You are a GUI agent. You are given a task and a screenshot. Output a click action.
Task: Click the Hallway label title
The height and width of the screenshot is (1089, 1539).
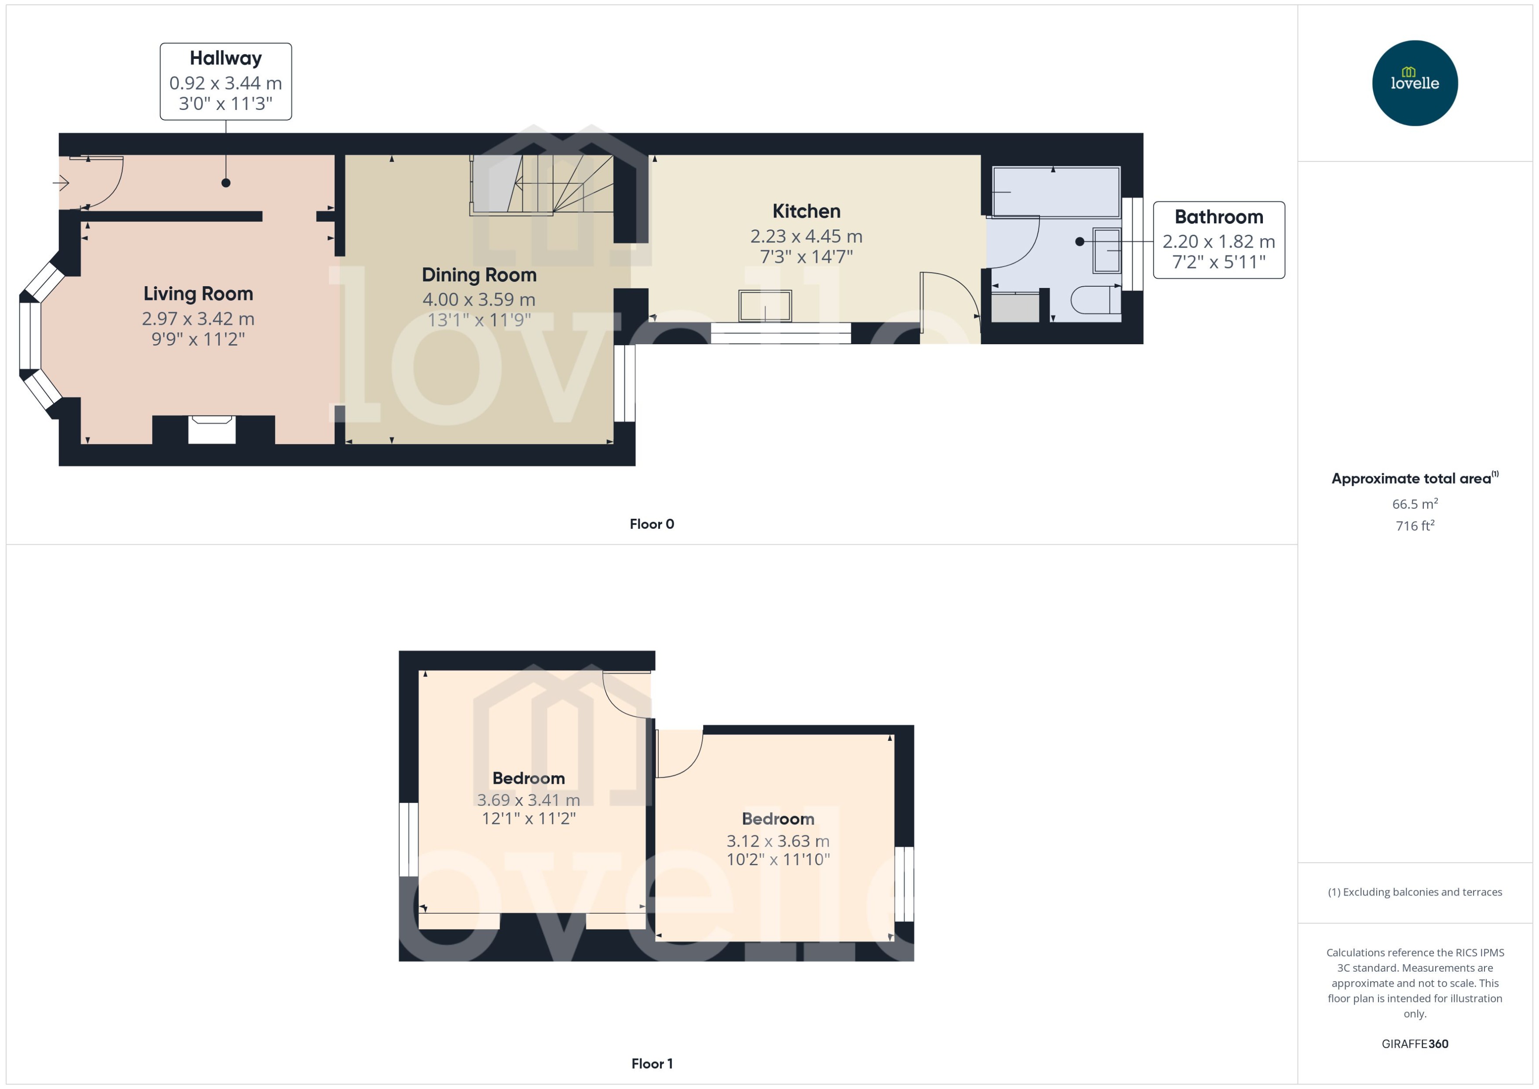click(x=225, y=58)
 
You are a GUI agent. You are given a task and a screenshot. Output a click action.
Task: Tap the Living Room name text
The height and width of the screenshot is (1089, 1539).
click(x=198, y=294)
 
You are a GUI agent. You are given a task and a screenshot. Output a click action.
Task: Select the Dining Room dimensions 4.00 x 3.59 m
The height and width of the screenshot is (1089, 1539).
click(x=479, y=300)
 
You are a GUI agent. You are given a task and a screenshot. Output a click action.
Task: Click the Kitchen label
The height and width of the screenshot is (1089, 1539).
click(x=806, y=211)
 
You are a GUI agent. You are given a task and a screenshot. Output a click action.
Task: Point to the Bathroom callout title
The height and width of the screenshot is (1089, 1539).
click(x=1218, y=217)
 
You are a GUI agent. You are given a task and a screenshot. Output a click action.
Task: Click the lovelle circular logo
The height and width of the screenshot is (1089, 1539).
click(x=1414, y=83)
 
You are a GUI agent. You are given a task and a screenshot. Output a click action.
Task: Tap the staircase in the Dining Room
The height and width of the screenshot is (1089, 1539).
click(x=542, y=184)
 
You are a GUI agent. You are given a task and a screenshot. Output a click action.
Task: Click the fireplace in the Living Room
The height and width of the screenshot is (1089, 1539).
click(x=212, y=429)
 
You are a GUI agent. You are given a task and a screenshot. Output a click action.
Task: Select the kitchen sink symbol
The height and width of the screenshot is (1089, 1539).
click(x=765, y=306)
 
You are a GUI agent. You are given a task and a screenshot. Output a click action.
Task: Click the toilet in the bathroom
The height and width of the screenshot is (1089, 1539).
click(x=1095, y=300)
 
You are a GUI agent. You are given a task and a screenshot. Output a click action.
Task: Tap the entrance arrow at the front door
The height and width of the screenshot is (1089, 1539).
click(x=61, y=182)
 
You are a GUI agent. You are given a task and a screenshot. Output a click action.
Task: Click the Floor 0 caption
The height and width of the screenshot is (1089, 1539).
click(x=651, y=524)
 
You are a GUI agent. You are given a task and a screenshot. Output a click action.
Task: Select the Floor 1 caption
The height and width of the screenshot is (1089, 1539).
click(x=651, y=1064)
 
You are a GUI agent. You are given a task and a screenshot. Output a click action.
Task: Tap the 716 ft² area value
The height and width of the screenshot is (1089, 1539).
click(x=1414, y=526)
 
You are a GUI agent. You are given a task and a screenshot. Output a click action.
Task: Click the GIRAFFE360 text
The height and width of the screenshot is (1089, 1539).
click(x=1414, y=1044)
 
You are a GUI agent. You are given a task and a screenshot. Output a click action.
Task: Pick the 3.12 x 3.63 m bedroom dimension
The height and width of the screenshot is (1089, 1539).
click(x=777, y=841)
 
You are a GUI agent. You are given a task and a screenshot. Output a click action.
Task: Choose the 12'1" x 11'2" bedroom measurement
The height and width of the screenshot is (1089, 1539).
click(x=529, y=819)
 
